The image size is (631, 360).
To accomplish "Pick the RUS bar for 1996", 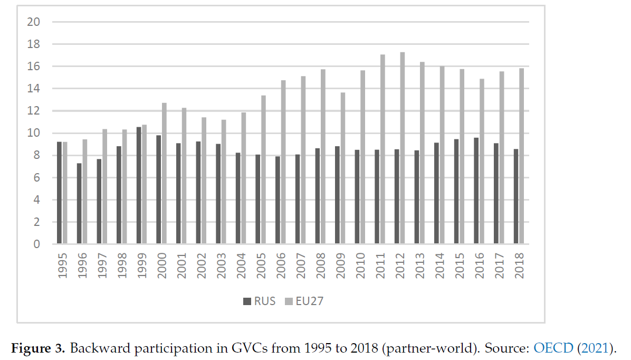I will point(79,204).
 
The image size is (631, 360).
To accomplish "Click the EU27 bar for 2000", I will point(165,174).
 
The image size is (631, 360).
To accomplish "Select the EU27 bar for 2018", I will point(522,156).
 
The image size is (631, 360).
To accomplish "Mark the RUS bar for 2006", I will point(278,201).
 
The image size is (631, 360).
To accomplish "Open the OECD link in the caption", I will point(552,348).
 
